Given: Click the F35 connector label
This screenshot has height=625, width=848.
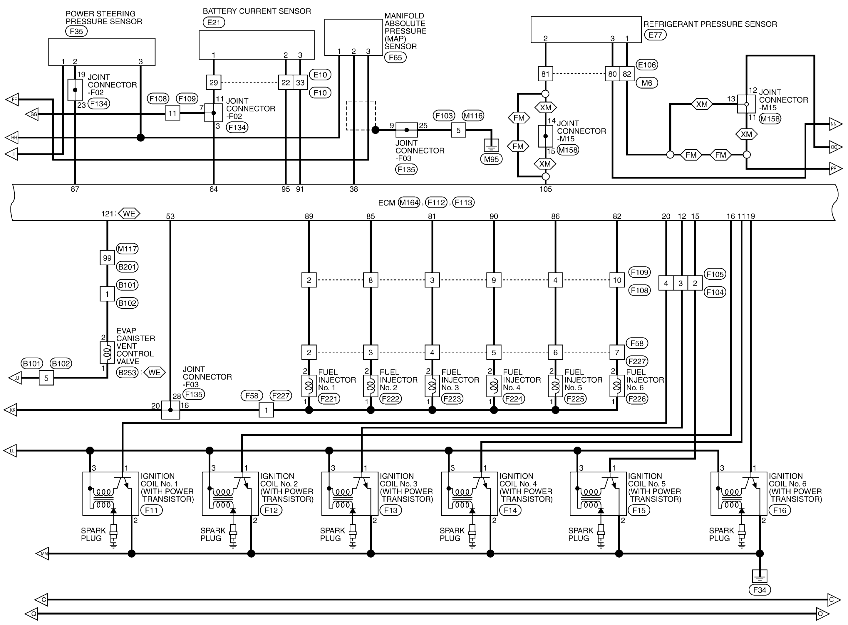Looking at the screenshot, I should (x=76, y=31).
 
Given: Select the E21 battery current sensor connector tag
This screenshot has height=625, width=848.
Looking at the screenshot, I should (x=214, y=22).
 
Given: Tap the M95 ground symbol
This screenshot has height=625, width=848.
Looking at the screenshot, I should (x=491, y=145).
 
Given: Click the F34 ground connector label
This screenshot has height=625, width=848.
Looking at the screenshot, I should (x=759, y=590).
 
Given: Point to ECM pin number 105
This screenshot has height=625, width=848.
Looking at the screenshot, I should (x=545, y=189).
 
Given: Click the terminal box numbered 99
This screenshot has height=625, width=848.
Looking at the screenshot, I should (x=107, y=258).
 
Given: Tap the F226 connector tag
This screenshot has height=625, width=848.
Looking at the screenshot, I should (x=637, y=399).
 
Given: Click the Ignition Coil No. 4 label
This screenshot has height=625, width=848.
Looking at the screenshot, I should (x=525, y=488).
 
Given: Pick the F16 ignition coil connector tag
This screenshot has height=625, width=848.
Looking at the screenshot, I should (x=780, y=510).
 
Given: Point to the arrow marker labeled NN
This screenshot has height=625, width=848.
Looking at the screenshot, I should (x=835, y=124).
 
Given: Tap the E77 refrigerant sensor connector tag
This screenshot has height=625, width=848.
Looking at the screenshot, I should (x=655, y=35).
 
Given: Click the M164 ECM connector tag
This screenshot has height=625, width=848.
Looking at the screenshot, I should (x=409, y=203).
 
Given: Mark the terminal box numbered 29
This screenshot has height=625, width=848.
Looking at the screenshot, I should (x=213, y=82).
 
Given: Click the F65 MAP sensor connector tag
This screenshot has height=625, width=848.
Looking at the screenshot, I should (x=395, y=58).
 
